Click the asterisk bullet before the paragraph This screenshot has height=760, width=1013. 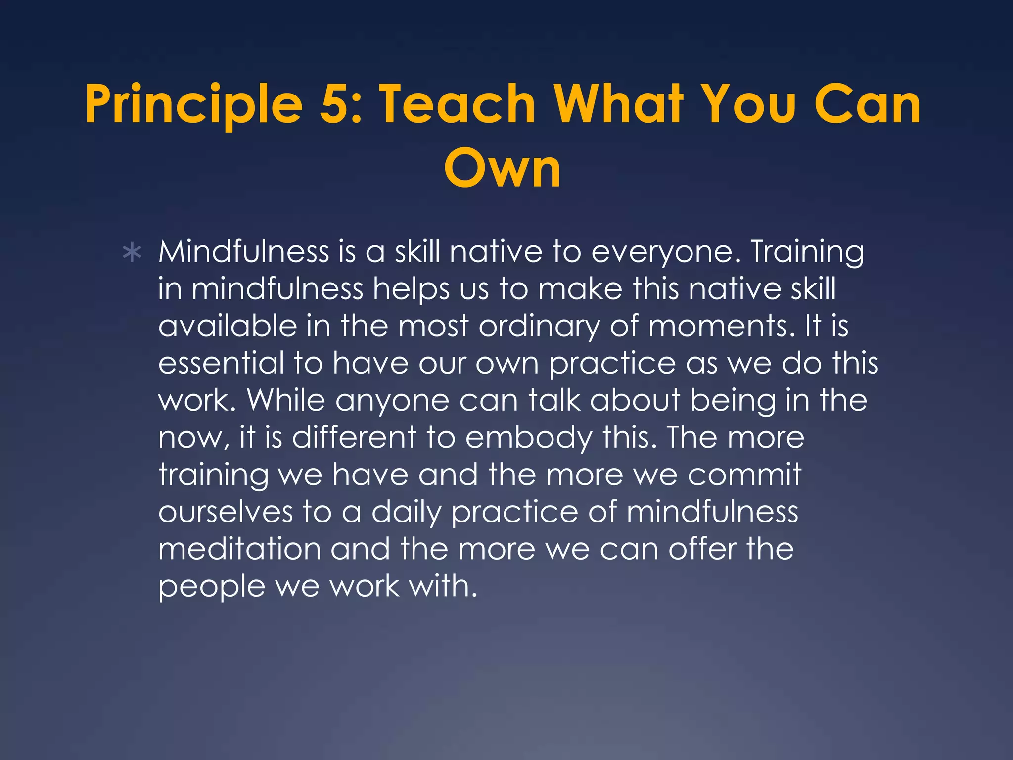(x=132, y=253)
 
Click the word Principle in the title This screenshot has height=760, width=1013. (x=193, y=105)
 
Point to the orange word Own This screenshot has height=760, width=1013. (x=503, y=168)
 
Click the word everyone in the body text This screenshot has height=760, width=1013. (x=666, y=252)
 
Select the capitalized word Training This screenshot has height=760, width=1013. (x=807, y=252)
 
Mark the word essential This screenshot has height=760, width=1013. (x=221, y=364)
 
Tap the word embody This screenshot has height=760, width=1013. (x=528, y=438)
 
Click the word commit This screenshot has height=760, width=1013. (x=744, y=475)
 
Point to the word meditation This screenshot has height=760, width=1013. (x=239, y=549)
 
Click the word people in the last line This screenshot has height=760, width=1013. (x=212, y=588)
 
